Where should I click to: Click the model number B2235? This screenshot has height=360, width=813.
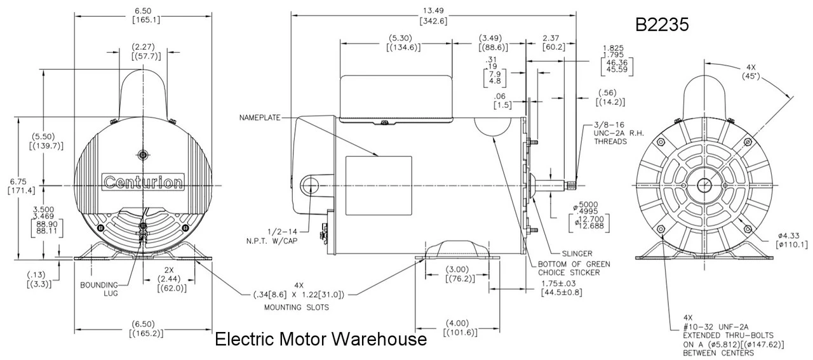[662, 24]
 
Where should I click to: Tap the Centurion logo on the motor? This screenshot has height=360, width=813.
[143, 182]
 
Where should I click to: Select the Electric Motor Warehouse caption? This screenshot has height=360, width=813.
[321, 340]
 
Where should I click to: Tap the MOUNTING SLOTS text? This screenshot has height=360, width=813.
[292, 307]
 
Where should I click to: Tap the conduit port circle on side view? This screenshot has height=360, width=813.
[311, 185]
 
